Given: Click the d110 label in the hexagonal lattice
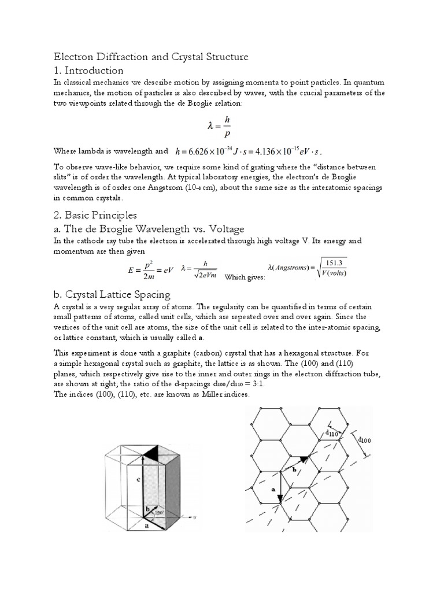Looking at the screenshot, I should (x=331, y=432).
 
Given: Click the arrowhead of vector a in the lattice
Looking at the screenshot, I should (x=280, y=498).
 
